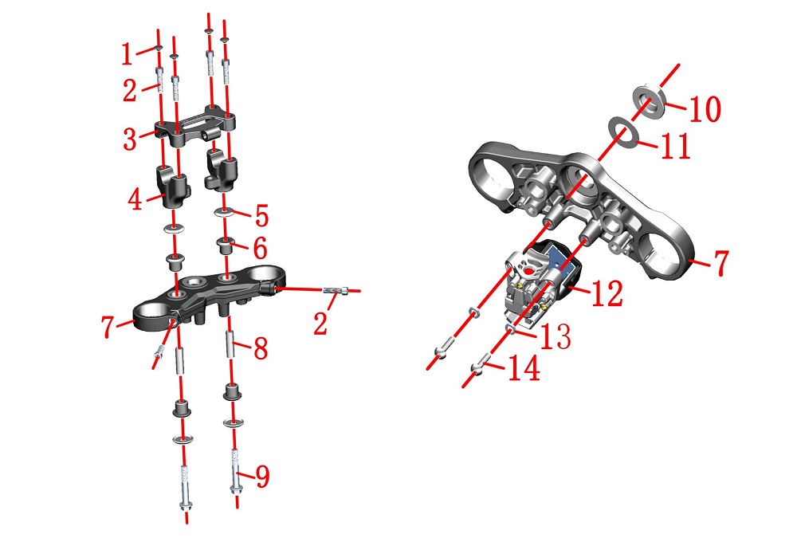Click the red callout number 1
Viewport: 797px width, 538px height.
click(127, 54)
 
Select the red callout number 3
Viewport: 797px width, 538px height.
click(130, 139)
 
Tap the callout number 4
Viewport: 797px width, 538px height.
click(135, 199)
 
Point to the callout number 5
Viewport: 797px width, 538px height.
click(261, 216)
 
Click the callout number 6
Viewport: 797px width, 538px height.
click(261, 249)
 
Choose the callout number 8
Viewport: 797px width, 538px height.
click(261, 349)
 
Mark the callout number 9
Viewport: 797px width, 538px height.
click(262, 477)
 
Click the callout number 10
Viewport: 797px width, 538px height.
click(705, 109)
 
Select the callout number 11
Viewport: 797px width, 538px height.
click(675, 146)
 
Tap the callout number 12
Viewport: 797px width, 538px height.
click(607, 293)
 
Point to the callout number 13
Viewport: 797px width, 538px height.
click(555, 336)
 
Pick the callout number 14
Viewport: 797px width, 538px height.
click(524, 368)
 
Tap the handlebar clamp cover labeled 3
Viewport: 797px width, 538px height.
click(195, 126)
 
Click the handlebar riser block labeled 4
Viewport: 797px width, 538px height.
click(173, 188)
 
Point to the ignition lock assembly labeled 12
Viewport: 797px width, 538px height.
click(541, 282)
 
